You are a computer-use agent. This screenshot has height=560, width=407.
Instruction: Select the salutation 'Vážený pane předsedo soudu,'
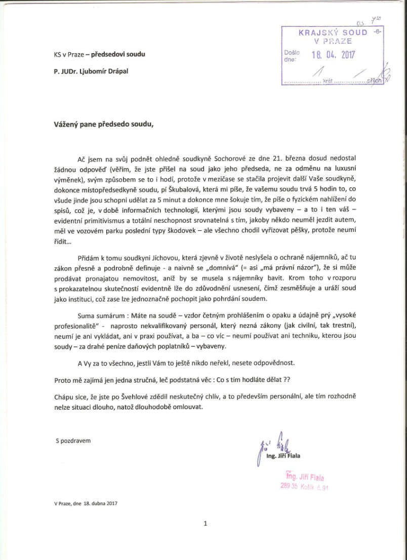[x=103, y=123]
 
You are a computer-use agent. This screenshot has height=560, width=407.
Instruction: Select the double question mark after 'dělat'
[x=302, y=380]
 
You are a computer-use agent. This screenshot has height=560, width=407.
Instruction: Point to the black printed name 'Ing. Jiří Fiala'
[x=283, y=456]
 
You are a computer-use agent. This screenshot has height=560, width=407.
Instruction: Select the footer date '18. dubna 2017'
[x=100, y=503]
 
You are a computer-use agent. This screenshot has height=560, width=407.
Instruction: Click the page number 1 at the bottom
[x=205, y=524]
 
